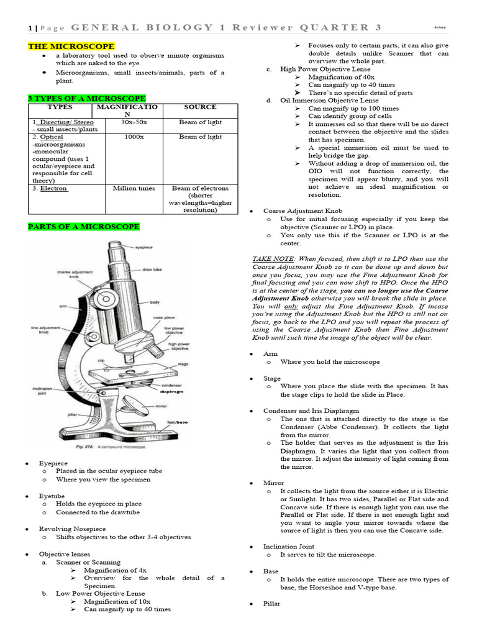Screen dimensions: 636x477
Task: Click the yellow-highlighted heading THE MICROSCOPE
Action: click(x=71, y=47)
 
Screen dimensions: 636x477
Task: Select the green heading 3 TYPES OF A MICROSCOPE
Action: click(x=86, y=99)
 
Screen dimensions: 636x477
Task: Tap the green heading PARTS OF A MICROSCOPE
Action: click(x=83, y=227)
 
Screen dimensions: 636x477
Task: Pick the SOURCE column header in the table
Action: click(x=200, y=107)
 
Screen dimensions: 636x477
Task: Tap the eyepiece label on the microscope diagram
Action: click(x=145, y=247)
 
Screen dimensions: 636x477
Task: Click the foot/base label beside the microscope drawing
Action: click(x=177, y=422)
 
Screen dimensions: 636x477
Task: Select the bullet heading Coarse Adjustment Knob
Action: click(x=294, y=211)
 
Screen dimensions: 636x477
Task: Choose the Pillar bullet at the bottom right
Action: click(x=271, y=604)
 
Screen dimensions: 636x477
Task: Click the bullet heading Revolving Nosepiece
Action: click(x=68, y=529)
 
